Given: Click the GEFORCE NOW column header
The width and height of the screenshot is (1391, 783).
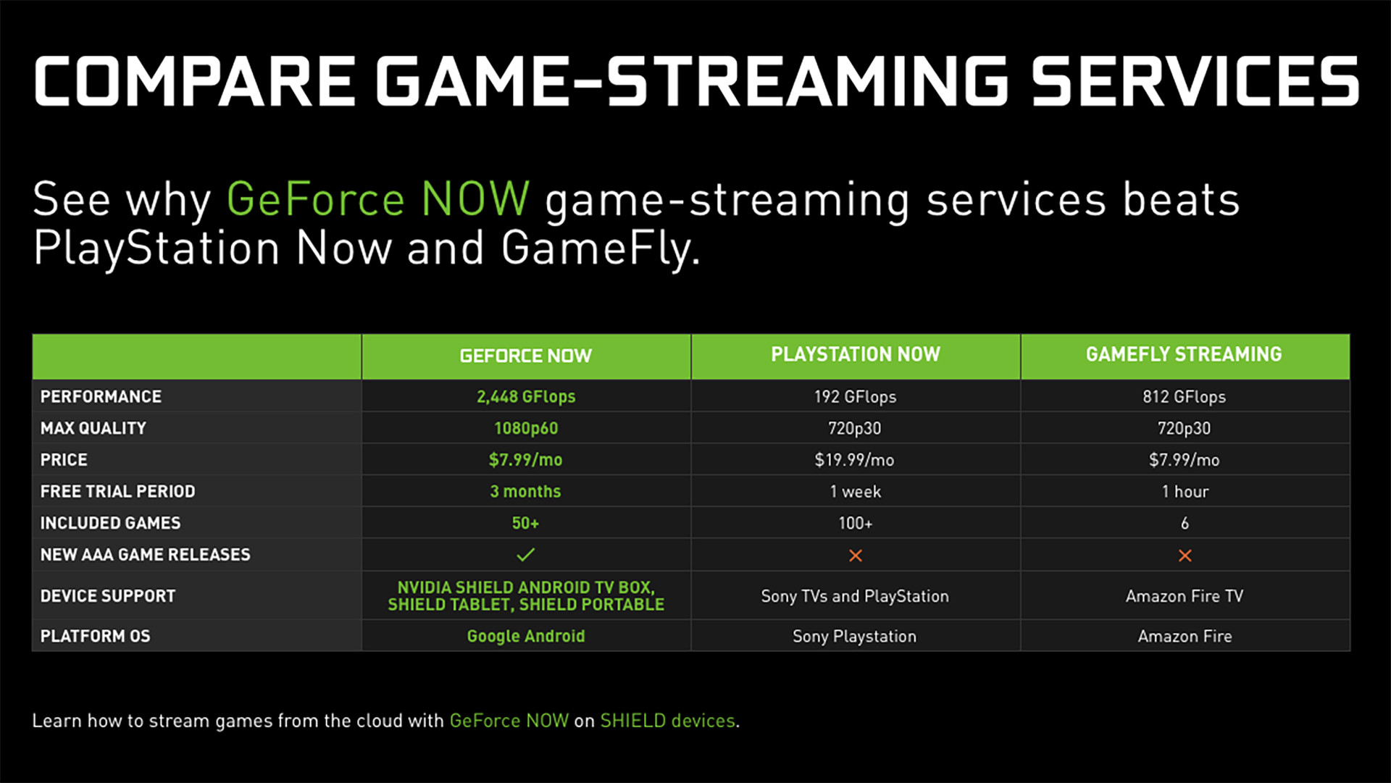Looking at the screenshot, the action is tap(526, 356).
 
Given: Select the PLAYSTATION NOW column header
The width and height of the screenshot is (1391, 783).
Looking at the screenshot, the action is tap(856, 354).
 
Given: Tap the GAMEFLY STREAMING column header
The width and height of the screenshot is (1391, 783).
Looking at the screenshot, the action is tap(1184, 354).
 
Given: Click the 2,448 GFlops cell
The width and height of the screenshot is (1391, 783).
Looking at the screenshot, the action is tap(526, 397).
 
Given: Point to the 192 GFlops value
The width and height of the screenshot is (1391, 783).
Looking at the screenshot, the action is tap(855, 397).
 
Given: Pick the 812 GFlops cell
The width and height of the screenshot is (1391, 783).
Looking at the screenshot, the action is tap(1185, 397).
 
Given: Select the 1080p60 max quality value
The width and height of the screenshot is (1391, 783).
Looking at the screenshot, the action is tap(526, 428).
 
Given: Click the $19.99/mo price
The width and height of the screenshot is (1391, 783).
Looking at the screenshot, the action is tap(855, 460).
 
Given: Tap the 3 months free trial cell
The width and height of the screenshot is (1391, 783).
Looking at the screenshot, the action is tap(525, 491).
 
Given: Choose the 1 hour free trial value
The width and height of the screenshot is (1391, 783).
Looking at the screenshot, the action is tap(1185, 491).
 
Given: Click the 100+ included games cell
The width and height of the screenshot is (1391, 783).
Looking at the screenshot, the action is tap(856, 523).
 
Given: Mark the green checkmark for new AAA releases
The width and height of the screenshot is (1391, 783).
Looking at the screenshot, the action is tap(526, 555).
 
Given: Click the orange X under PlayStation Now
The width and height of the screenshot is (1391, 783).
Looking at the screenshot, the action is tap(856, 556).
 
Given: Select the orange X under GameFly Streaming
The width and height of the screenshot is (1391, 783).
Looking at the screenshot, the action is tap(1185, 556).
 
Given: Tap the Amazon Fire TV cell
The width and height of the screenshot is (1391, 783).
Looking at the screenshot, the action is tap(1185, 596).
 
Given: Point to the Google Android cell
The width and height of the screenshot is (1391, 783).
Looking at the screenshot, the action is tap(526, 636).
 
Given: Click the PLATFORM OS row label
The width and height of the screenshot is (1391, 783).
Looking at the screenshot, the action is tap(95, 636).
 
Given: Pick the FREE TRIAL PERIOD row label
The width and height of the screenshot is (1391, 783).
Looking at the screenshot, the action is tap(117, 491).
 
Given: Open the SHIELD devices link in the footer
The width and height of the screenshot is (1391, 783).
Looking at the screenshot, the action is tap(668, 721).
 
